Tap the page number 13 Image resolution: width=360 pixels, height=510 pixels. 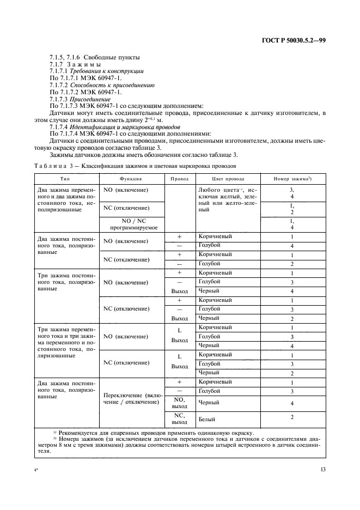(322, 470)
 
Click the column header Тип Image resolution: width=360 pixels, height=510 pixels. (65, 179)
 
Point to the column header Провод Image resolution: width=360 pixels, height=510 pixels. (179, 179)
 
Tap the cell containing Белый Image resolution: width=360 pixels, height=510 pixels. (208, 420)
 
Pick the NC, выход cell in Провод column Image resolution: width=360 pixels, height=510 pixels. (179, 418)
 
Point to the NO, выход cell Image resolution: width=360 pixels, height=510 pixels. (179, 402)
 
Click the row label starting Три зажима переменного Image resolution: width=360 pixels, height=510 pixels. (65, 343)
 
